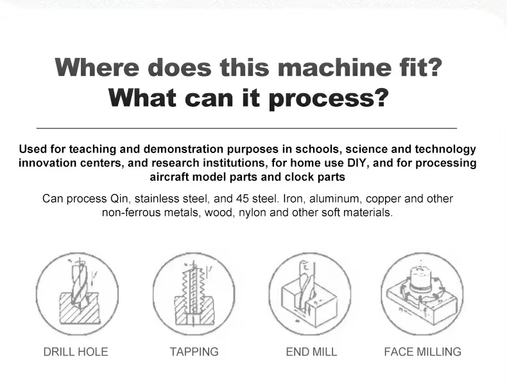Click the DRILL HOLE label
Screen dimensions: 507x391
pos(76,352)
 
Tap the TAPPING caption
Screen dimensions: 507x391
pos(194,352)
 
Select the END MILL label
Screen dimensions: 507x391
pos(311,352)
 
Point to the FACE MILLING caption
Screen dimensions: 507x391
pos(423,352)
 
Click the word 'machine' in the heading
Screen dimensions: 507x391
pos(334,68)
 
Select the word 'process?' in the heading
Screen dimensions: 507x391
pos(328,98)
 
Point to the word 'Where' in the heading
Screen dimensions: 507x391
pos(97,68)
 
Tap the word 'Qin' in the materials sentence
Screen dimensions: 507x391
pos(119,199)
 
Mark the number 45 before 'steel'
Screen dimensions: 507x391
pos(242,199)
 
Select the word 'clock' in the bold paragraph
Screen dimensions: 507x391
pos(299,177)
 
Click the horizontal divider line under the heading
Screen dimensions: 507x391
pos(246,128)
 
